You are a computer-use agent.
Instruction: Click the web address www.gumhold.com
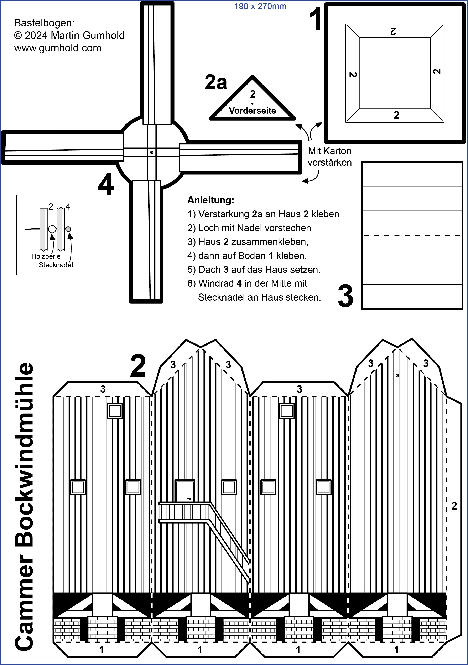pos(58,48)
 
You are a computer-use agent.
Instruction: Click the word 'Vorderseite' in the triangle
pos(252,111)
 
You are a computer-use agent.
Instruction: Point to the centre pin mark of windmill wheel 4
pos(152,152)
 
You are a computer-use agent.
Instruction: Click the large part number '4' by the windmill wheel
pos(106,184)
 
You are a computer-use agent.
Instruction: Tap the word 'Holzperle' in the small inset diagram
pos(46,256)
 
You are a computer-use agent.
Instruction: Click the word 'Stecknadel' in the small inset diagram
pos(56,265)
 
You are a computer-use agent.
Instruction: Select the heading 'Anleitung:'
pos(211,200)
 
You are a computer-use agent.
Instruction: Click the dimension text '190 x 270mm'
pos(260,6)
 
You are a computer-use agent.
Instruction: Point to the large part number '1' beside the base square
pos(316,19)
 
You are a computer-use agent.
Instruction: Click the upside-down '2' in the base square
pos(393,31)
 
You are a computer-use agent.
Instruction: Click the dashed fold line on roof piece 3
pos(412,235)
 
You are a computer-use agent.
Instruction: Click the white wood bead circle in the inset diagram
pos(52,229)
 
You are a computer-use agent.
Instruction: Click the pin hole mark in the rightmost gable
pos(397,376)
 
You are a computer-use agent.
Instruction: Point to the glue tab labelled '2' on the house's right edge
pos(454,506)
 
